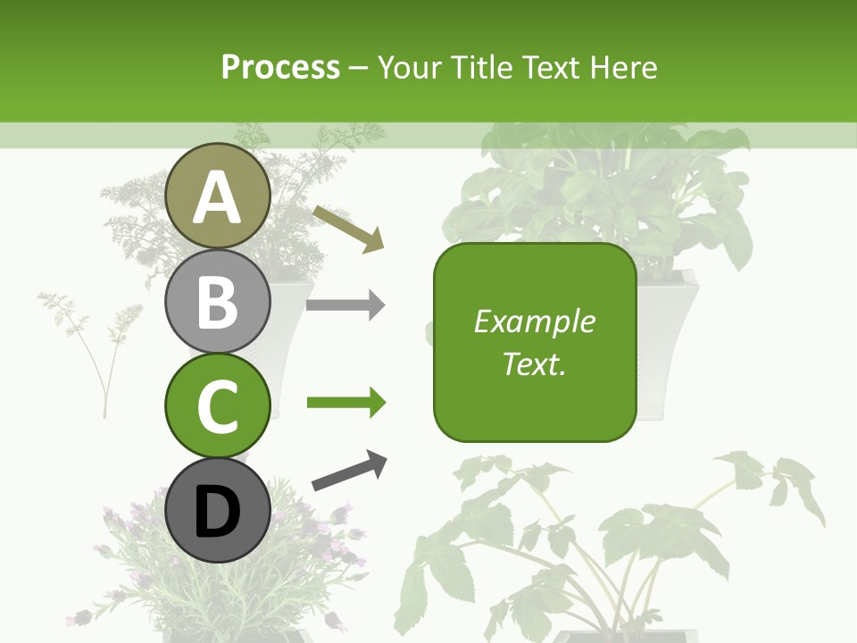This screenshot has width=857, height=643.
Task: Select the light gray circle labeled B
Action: (217, 301)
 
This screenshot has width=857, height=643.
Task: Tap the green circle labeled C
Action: (217, 405)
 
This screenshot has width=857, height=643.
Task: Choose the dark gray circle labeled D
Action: (217, 510)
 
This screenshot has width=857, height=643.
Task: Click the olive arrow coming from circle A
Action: (348, 227)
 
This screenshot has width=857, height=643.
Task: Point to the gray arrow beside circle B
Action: (345, 305)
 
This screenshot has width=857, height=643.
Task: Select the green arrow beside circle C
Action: (345, 403)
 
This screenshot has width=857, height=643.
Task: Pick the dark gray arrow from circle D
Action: (350, 472)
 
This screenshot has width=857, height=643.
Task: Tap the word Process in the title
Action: (280, 67)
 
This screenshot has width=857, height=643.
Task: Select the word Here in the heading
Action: (622, 67)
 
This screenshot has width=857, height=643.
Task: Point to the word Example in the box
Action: (535, 321)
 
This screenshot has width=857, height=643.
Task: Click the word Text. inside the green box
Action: (535, 363)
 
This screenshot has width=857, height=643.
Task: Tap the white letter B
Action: (217, 302)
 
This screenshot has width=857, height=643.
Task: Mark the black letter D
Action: (217, 512)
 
